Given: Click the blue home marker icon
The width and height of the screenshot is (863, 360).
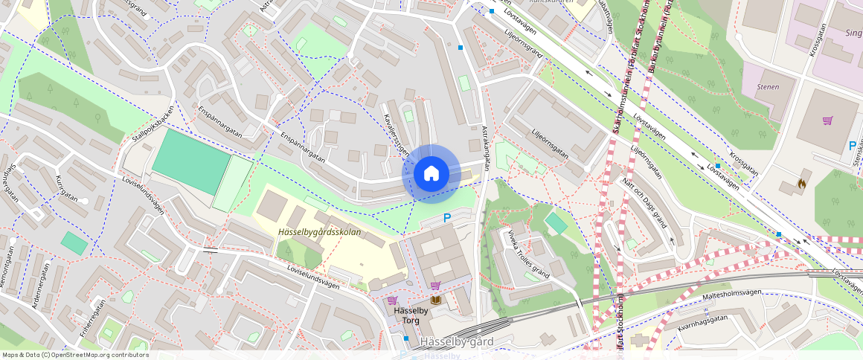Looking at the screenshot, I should [430, 174].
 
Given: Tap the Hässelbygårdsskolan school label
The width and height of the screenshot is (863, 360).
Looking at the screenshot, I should [319, 232].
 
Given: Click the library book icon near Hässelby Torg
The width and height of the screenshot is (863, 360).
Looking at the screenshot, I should [436, 300].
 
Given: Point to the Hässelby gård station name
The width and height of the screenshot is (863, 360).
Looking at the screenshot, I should [456, 342].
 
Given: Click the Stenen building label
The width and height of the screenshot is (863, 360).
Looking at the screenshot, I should [767, 87].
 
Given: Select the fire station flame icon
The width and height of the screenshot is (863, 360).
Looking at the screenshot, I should [801, 181].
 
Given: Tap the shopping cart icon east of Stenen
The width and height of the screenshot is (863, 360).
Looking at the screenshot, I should [827, 120].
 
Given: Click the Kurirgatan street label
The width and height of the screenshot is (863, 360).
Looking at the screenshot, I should [68, 189].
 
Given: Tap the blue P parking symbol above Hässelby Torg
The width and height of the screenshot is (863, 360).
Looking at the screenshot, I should [447, 218].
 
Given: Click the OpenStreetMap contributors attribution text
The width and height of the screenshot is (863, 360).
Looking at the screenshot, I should [74, 355].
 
